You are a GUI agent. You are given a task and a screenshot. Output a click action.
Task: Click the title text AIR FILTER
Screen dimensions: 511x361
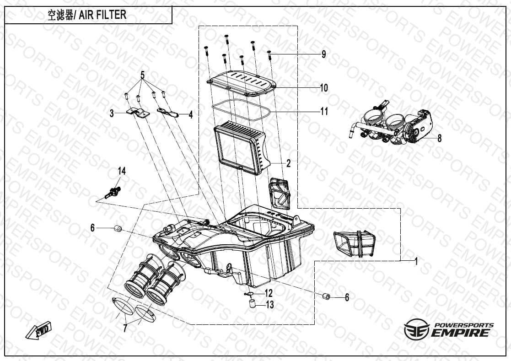pos(102,15)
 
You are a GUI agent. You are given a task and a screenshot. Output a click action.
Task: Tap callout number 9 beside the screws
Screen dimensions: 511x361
pos(323,54)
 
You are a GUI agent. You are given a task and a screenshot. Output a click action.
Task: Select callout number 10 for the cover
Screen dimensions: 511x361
pos(323,88)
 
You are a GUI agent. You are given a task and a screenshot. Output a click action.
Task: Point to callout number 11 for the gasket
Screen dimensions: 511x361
pos(324,111)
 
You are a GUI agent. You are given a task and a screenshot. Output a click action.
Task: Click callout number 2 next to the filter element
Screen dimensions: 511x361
pos(288,163)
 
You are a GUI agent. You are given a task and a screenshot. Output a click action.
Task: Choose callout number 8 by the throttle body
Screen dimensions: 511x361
pos(439,138)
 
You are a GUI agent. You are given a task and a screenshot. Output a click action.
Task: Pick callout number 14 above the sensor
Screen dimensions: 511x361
pos(122,171)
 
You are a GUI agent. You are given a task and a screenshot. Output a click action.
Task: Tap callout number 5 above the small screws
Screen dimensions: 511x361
pos(142,75)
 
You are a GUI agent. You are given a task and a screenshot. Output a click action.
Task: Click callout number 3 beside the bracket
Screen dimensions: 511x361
pos(112,113)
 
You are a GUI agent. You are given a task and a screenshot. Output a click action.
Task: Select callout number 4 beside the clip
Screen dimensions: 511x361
pos(191,114)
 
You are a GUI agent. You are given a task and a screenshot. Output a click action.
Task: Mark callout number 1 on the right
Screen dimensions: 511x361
pos(415,261)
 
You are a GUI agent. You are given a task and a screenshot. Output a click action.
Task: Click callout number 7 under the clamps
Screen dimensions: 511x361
pos(125,329)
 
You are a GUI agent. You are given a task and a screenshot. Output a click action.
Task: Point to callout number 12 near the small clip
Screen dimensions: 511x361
pos(268,293)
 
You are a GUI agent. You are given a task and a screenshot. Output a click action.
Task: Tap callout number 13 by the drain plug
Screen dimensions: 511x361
pos(270,305)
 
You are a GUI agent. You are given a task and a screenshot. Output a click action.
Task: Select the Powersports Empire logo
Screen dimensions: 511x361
pos(449,329)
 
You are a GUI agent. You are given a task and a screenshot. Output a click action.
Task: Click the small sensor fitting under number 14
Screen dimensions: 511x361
pos(113,192)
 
